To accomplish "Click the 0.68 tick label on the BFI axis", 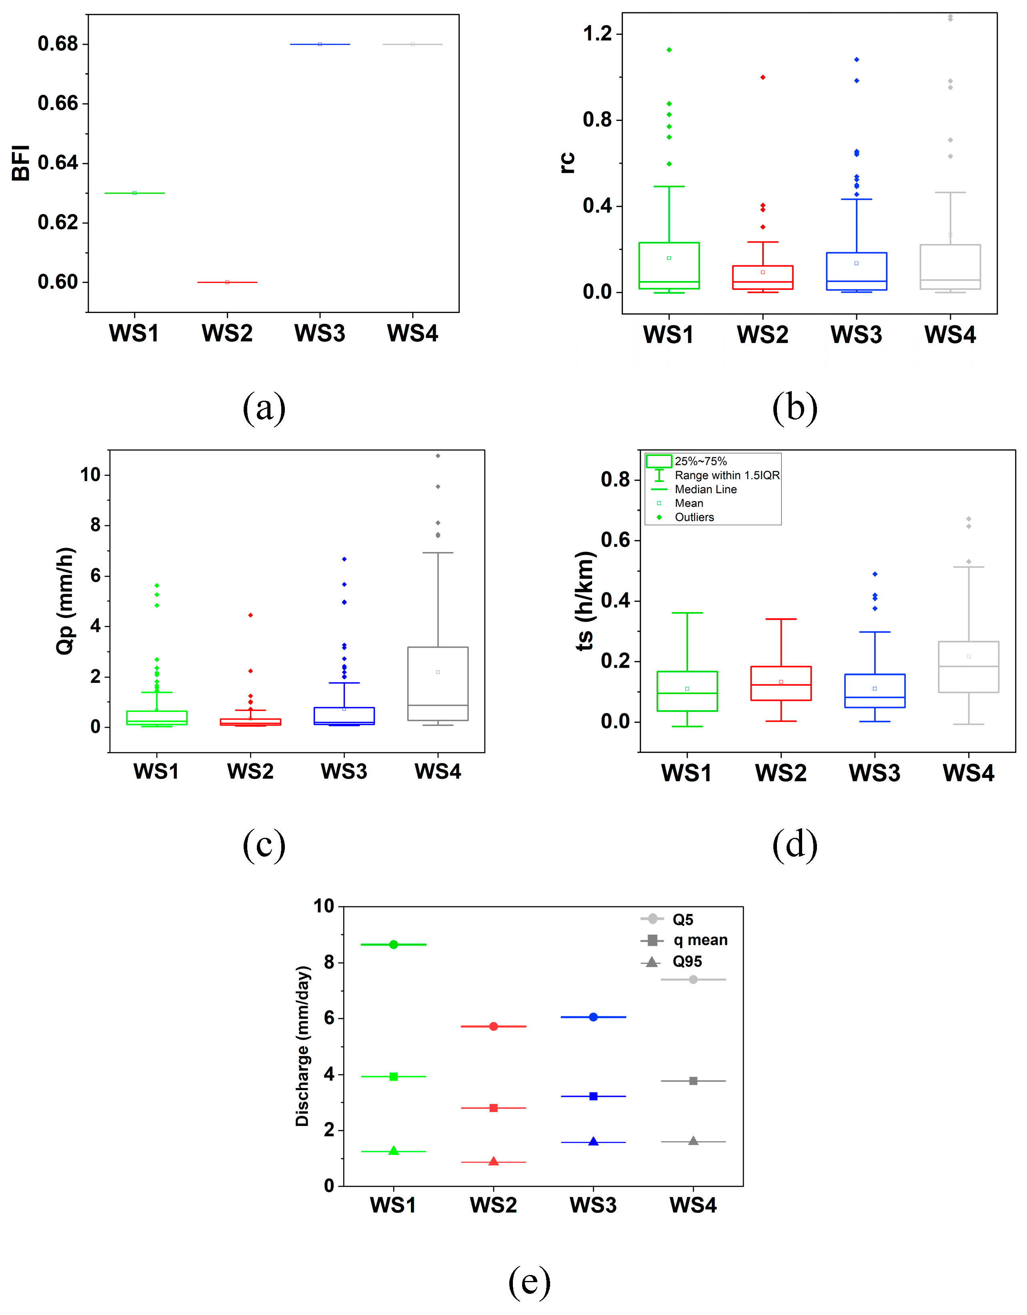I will coord(58,44).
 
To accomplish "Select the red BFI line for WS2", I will coord(227,282).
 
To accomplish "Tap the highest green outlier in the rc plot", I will coord(669,50).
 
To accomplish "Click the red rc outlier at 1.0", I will coord(763,77).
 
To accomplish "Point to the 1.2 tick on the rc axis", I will coord(597,33).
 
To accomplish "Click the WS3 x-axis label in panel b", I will coord(856,335).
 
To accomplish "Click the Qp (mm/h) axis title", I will coord(66,600).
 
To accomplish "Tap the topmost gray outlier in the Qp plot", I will coord(438,456).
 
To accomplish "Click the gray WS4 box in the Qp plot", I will coord(438,683).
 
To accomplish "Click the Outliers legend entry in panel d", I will coord(694,517).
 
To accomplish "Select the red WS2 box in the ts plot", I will coord(781,683).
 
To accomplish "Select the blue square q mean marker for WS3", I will coord(593,1096).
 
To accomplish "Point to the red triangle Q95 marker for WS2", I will coord(493,1161).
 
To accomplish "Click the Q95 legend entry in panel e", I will coord(687,962).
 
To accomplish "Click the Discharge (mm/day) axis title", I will coord(302,1046).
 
